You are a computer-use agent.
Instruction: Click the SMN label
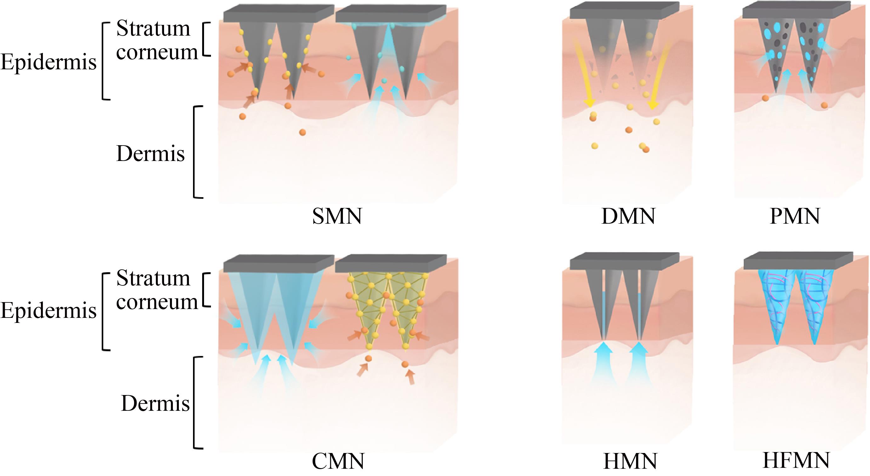tap(337, 216)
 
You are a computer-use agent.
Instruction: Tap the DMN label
tap(628, 216)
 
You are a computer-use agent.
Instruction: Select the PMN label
tap(795, 216)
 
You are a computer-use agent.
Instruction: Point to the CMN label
tap(338, 461)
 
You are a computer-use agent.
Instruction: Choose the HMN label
tap(630, 461)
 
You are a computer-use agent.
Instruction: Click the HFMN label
tap(796, 460)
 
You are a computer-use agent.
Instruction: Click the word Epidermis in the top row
tap(48, 63)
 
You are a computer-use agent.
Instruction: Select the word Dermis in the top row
tap(150, 154)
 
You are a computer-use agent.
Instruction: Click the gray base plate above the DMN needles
tap(624, 11)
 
